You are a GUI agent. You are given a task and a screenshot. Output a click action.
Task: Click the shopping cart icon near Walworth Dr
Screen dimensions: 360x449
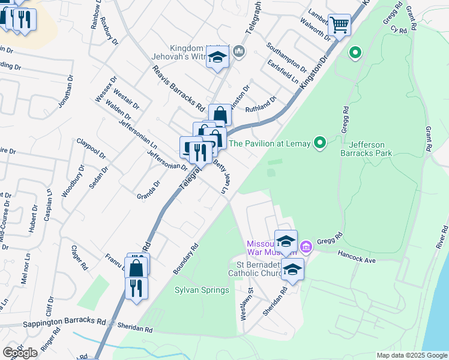(x=339, y=25)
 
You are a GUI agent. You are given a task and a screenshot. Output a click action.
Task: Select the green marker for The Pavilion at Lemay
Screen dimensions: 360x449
(x=320, y=143)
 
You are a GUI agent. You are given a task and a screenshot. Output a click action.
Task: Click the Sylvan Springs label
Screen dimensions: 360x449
(x=202, y=290)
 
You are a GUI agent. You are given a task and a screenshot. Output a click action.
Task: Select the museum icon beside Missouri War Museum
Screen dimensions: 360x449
(x=306, y=246)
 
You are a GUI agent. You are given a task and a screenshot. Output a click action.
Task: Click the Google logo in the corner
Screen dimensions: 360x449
(x=20, y=352)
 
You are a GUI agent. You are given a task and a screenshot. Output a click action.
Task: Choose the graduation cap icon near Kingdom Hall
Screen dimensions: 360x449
(x=217, y=58)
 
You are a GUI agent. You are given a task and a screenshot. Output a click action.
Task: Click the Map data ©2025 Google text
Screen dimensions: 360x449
(x=412, y=355)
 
